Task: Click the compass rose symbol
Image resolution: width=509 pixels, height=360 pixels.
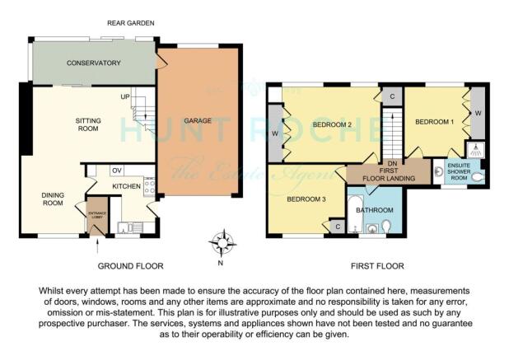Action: (222, 243)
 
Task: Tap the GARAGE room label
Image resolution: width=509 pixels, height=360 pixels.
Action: (198, 121)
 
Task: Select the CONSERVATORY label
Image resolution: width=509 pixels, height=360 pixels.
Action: (94, 63)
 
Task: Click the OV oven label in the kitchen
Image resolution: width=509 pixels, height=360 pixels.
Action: (117, 171)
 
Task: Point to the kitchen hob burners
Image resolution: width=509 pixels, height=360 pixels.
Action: (149, 187)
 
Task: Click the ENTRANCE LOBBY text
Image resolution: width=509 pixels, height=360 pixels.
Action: (97, 215)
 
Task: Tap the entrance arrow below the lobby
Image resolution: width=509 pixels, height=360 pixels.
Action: (98, 245)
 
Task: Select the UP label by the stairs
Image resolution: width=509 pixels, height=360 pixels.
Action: (125, 96)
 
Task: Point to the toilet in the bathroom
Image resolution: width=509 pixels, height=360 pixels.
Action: (386, 227)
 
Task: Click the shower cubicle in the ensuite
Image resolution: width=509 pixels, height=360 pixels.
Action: (476, 149)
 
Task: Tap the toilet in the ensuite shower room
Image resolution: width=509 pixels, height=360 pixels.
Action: (478, 177)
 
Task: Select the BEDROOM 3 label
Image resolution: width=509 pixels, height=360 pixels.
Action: (306, 199)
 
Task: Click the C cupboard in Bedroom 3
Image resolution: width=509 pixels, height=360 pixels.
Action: (338, 227)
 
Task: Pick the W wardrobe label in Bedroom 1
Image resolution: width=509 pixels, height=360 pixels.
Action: (478, 114)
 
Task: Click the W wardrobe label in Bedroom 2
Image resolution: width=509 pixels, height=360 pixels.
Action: (274, 133)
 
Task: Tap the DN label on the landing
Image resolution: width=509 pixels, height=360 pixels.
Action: (392, 164)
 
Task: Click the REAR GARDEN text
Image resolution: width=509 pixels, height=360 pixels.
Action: (130, 23)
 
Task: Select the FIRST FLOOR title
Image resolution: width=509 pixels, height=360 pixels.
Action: (377, 266)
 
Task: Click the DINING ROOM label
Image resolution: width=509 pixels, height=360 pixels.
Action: (53, 199)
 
